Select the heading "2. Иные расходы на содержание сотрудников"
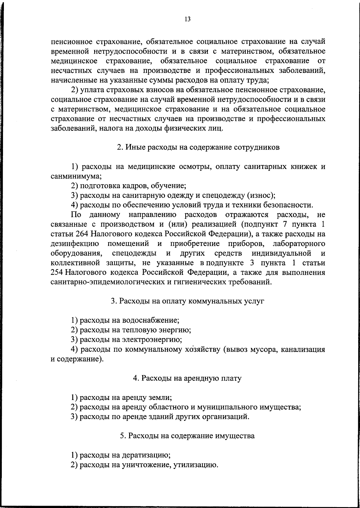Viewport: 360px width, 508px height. pyautogui.click(x=198, y=147)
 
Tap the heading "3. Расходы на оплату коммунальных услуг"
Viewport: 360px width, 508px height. pyautogui.click(x=187, y=301)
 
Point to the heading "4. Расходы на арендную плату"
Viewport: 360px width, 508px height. pyautogui.click(x=187, y=378)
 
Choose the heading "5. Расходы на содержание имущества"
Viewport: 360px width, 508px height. pyautogui.click(x=187, y=436)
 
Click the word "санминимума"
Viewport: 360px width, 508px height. pyautogui.click(x=75, y=176)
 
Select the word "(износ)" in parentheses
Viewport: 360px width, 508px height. pyautogui.click(x=261, y=196)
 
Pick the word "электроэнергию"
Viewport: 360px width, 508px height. pyautogui.click(x=152, y=340)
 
